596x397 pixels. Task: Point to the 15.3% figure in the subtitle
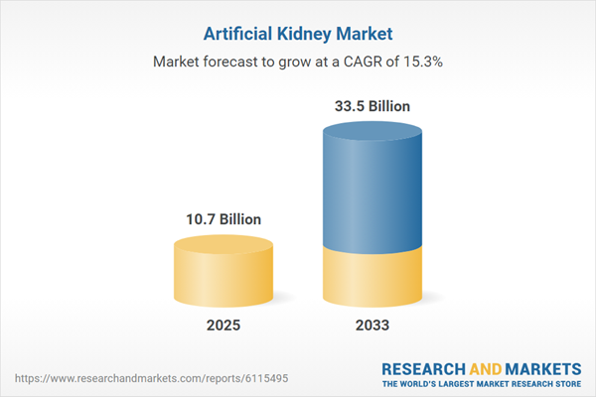pyautogui.click(x=424, y=62)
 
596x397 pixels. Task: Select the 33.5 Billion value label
pyautogui.click(x=372, y=105)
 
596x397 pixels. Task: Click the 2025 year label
pyautogui.click(x=223, y=326)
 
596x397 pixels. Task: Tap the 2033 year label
pyautogui.click(x=372, y=326)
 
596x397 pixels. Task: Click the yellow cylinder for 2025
pyautogui.click(x=223, y=278)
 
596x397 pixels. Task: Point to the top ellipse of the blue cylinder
pyautogui.click(x=372, y=133)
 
